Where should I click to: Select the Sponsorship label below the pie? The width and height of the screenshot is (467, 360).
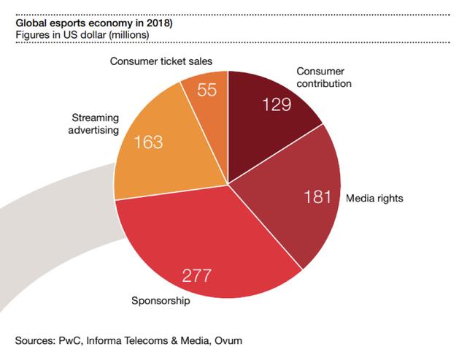pyautogui.click(x=161, y=300)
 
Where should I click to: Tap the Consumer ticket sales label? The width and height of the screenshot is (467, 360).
pyautogui.click(x=161, y=61)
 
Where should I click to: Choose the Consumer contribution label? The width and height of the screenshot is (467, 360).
pyautogui.click(x=324, y=78)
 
